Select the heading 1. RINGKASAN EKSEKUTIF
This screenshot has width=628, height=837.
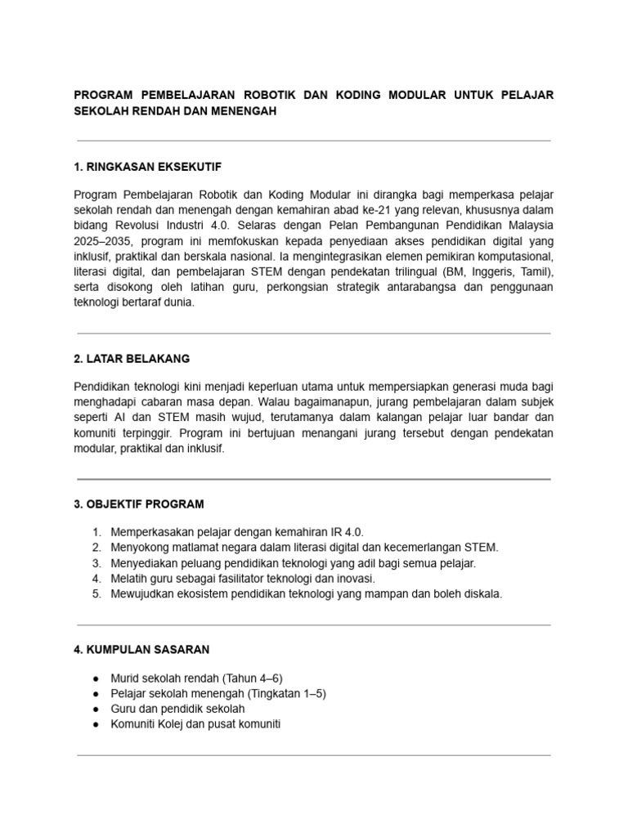147,167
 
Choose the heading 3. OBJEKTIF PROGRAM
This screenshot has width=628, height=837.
139,504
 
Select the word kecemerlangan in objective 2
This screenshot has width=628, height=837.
422,548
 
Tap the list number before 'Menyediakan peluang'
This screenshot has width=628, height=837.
96,563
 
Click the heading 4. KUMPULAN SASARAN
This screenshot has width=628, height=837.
141,650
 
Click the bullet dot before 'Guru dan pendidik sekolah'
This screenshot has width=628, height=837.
96,709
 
